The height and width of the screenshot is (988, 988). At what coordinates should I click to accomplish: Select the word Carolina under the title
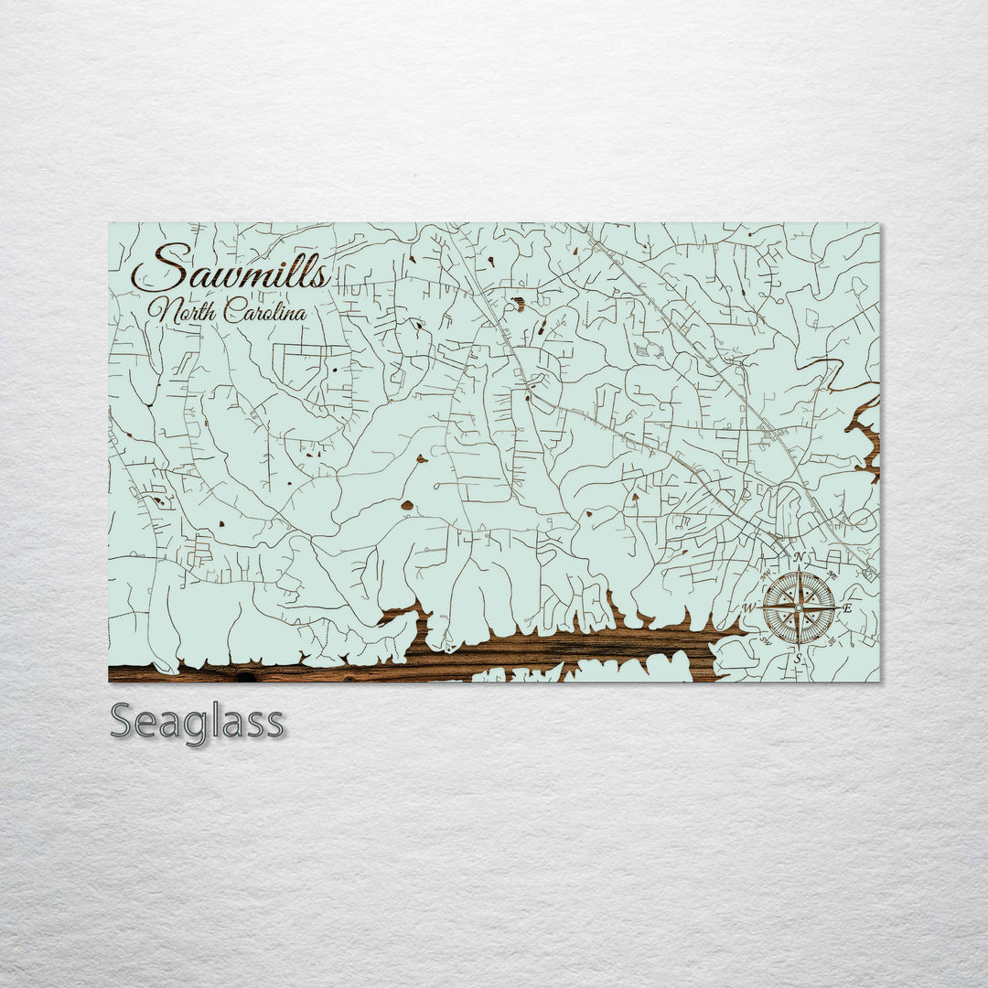pos(262,311)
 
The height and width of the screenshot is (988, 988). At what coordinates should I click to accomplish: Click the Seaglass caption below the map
pos(197,723)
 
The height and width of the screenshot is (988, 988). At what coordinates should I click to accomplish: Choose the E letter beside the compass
pos(847,608)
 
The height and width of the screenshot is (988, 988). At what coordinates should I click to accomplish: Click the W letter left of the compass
pos(749,607)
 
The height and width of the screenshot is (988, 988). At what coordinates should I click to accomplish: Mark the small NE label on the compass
pos(832,575)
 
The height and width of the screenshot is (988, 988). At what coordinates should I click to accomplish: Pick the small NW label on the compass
pos(766,575)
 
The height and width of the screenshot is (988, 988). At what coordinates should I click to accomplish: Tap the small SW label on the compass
pos(766,640)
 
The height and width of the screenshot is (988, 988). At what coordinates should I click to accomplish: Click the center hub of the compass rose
pos(799,607)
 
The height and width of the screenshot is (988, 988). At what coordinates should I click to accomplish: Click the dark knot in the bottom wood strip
pos(245,678)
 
